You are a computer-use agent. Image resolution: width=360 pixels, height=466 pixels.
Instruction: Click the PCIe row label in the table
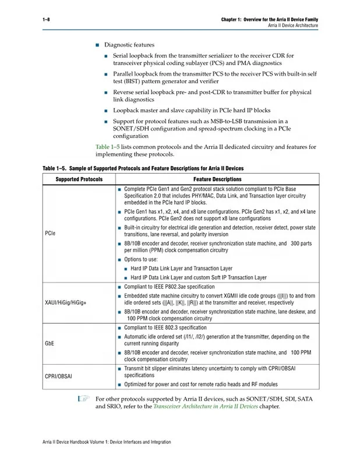(50, 233)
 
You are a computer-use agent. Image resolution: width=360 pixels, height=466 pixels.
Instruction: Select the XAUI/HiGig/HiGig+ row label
(65, 303)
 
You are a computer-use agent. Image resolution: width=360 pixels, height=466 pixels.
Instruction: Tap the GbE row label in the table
(50, 344)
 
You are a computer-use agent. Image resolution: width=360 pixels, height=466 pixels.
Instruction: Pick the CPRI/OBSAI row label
(58, 376)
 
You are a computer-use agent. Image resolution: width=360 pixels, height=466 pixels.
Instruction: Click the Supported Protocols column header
(79, 179)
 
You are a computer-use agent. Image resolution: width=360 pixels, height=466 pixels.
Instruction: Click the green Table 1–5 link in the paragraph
(107, 147)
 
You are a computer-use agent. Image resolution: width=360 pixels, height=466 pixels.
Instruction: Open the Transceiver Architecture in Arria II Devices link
(205, 407)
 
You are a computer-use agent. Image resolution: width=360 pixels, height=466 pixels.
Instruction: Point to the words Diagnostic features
(129, 45)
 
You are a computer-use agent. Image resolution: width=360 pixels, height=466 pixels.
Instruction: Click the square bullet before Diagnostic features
(97, 45)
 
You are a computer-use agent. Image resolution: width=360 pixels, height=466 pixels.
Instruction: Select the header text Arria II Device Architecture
(292, 26)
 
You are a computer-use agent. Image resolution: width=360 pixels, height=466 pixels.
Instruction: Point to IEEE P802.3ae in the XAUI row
(175, 287)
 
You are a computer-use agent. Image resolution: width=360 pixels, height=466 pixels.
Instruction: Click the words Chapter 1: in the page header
(232, 20)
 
